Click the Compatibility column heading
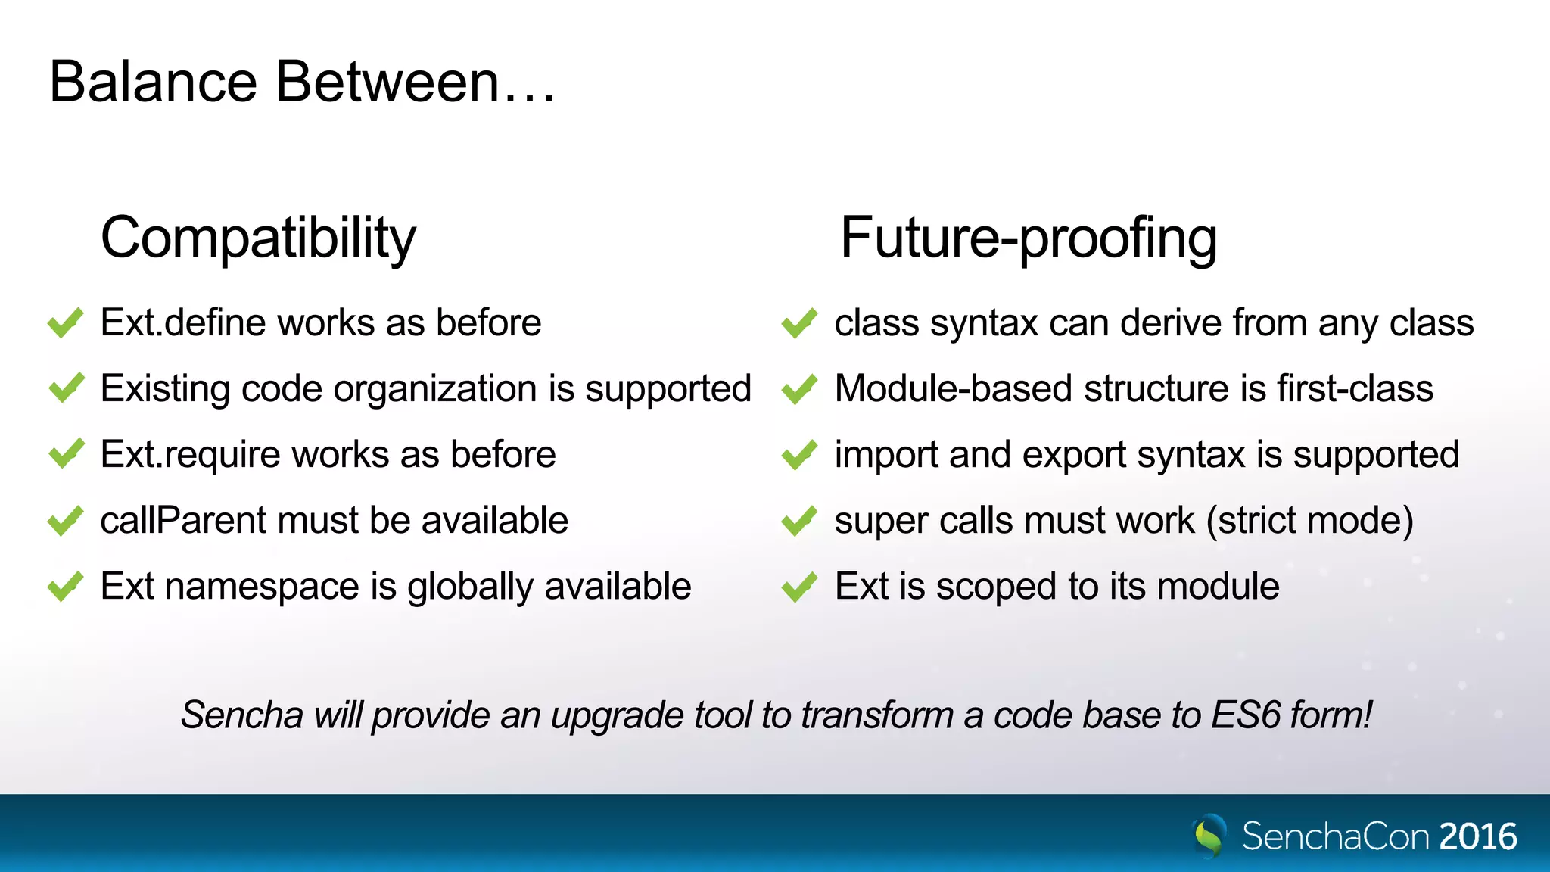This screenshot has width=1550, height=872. [x=258, y=238]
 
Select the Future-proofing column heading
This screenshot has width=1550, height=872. [x=1028, y=238]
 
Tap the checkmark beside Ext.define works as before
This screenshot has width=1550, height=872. [x=65, y=323]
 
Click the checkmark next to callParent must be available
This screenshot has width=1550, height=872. [x=65, y=521]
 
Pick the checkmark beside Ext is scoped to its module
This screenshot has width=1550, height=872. [x=799, y=587]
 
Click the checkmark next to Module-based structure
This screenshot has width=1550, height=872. [x=799, y=389]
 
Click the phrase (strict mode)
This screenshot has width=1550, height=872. [x=1310, y=521]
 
